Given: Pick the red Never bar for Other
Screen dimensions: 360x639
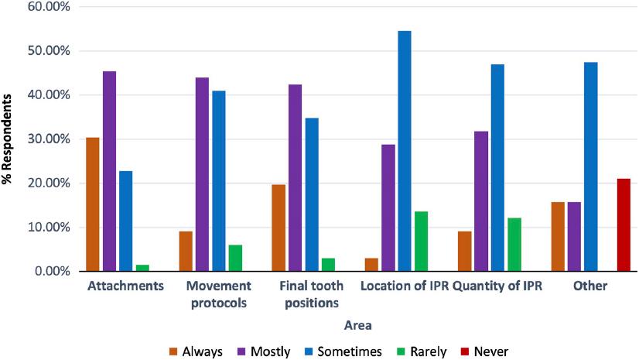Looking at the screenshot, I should pos(624,225).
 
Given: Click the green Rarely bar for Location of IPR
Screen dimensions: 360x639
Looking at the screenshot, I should pos(421,242).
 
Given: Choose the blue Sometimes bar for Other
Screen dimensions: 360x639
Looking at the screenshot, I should pos(590,166).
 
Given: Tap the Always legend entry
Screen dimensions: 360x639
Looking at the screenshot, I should pos(195,351).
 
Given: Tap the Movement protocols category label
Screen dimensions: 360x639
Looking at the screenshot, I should pos(218,293).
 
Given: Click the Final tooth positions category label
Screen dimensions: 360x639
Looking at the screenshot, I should pos(311,293).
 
